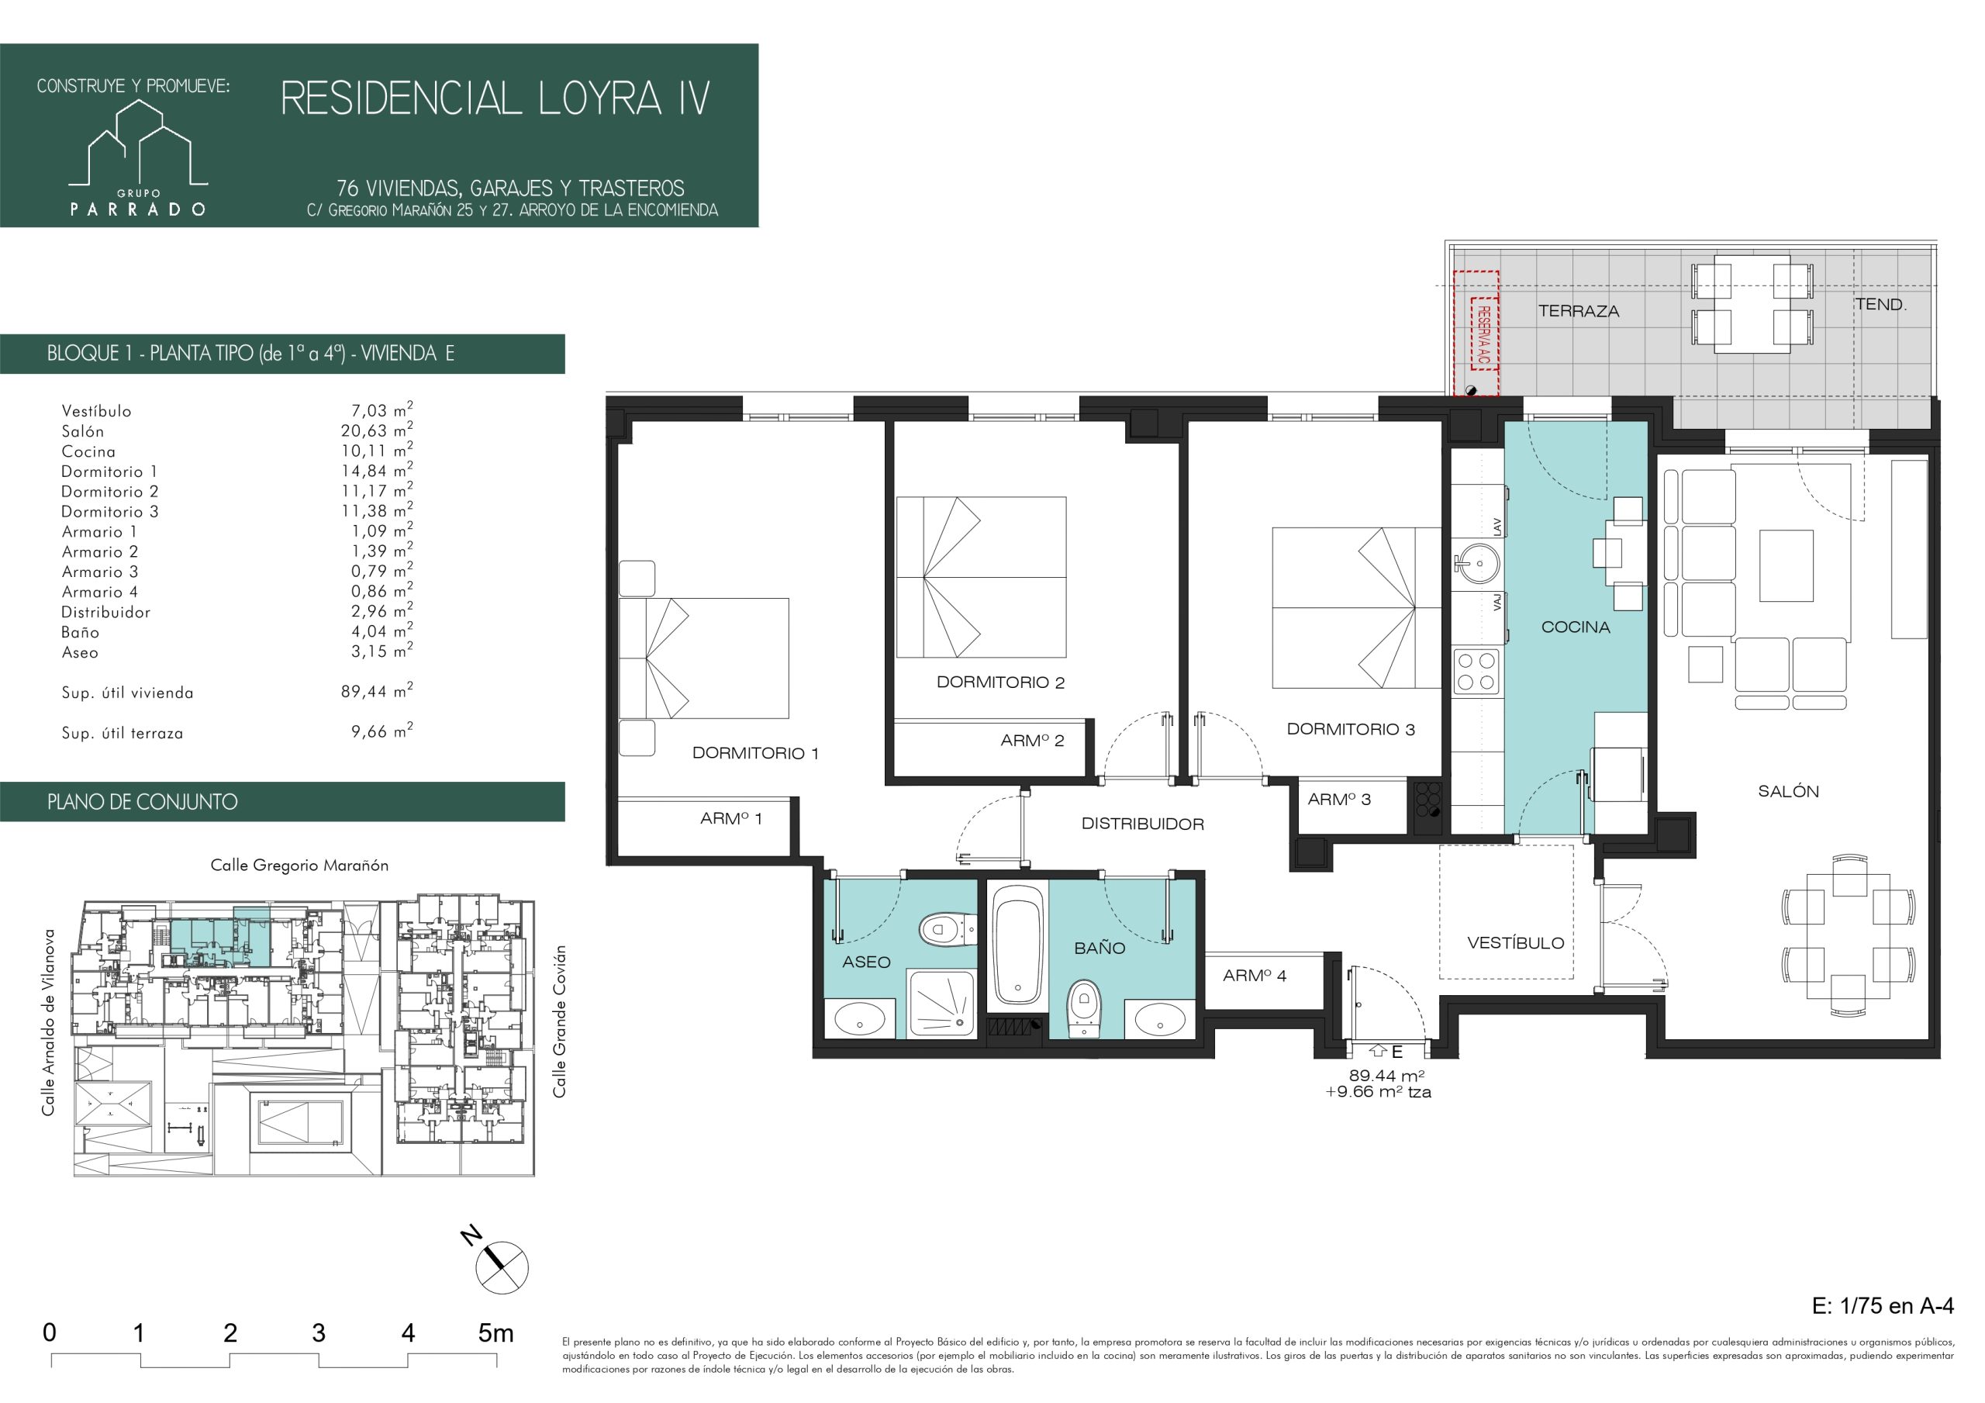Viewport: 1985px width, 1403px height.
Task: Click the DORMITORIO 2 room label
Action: click(1000, 682)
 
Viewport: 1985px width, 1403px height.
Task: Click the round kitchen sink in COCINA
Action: click(1476, 564)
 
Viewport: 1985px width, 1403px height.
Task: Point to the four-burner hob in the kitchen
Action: click(1476, 671)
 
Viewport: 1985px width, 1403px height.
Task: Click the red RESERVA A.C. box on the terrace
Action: click(1476, 333)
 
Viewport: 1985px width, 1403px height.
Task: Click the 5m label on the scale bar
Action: click(495, 1333)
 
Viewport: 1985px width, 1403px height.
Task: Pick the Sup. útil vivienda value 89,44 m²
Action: click(377, 691)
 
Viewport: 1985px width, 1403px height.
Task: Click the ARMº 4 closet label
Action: click(1255, 976)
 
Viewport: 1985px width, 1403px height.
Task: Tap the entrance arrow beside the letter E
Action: click(1378, 1052)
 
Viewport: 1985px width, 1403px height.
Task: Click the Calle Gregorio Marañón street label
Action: click(299, 866)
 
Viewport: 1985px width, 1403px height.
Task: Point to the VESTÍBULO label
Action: click(1516, 943)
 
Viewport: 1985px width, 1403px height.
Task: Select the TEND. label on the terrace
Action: click(1880, 305)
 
